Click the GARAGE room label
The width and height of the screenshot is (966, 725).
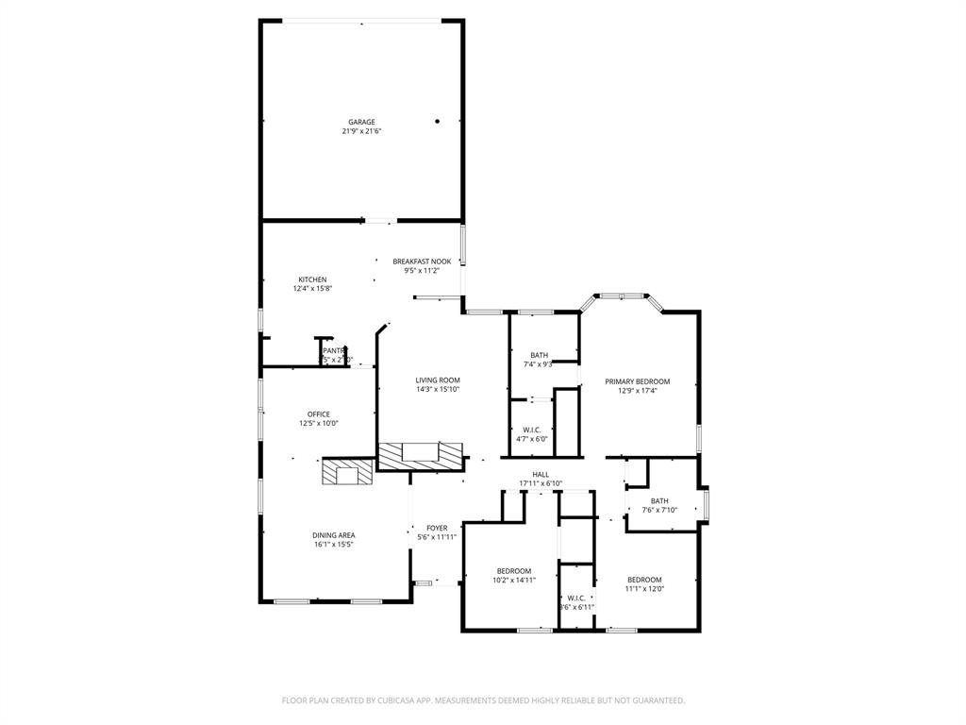coord(361,122)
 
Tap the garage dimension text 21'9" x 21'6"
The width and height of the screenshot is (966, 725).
coord(361,131)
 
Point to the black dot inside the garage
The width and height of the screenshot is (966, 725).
coord(438,121)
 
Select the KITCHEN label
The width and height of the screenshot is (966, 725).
coord(312,279)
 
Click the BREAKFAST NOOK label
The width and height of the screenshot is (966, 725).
coord(422,261)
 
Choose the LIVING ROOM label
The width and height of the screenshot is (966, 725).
coord(438,379)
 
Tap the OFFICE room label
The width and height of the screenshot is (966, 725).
coord(318,413)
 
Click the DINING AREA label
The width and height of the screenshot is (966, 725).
coord(333,534)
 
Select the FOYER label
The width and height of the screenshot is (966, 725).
coord(437,528)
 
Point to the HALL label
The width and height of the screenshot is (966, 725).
coord(541,474)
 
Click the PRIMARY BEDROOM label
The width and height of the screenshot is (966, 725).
coord(637,381)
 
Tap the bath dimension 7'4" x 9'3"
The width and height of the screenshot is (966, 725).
coord(538,364)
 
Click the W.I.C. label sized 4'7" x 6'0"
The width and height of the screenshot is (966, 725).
coord(531,430)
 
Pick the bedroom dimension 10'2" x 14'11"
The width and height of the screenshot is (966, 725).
coord(515,580)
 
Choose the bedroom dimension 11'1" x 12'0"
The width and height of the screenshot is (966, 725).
coord(644,588)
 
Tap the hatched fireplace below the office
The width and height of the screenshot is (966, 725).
coord(346,471)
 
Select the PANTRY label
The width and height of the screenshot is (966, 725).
coord(335,350)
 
